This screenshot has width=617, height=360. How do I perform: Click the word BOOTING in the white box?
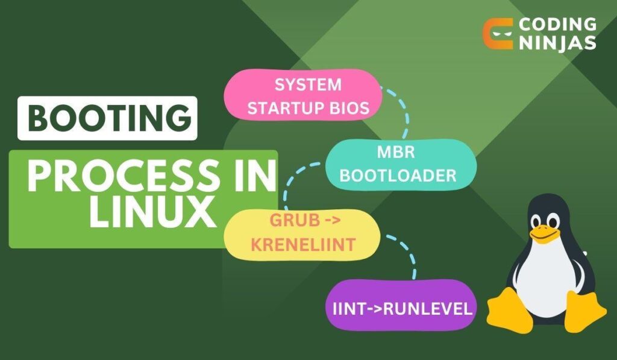pyautogui.click(x=107, y=119)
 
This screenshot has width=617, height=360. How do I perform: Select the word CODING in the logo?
pyautogui.click(x=557, y=25)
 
